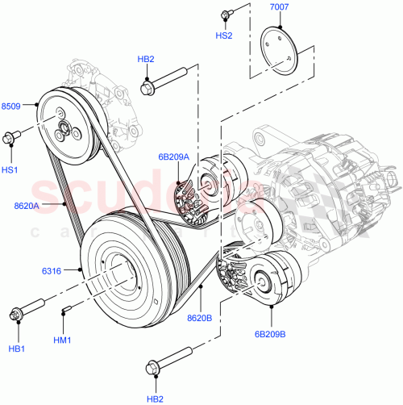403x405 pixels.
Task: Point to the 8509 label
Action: pos(12,106)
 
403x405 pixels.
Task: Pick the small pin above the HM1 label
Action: pos(67,309)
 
